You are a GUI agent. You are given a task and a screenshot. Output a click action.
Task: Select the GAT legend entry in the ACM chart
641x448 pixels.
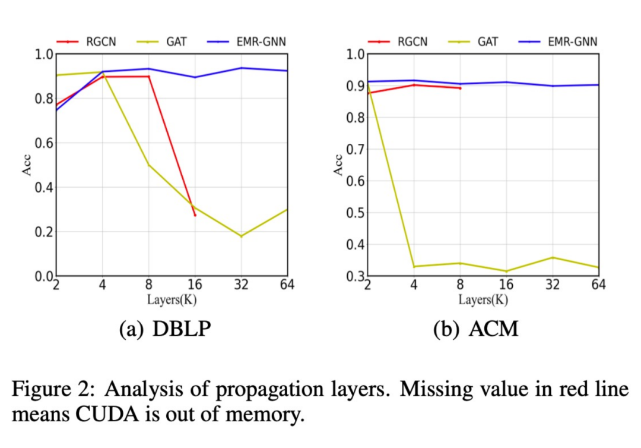(488, 42)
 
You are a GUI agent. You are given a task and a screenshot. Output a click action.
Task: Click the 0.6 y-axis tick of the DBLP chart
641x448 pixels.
(43, 143)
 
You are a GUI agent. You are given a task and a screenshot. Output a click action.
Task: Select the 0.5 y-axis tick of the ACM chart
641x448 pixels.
(354, 213)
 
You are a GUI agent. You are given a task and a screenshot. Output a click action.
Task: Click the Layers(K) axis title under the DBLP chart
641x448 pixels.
(172, 299)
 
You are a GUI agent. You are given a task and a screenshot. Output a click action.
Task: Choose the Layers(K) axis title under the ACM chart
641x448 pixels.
(483, 299)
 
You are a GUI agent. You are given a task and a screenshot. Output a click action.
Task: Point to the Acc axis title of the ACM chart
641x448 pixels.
(338, 165)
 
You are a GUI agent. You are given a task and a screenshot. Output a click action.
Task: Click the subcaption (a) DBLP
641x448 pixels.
(165, 328)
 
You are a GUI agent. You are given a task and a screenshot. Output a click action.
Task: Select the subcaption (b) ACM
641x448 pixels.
(476, 328)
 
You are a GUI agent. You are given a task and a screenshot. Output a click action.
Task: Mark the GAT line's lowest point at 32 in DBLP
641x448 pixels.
(241, 236)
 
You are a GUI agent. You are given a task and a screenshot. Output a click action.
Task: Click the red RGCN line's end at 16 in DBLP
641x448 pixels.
(195, 215)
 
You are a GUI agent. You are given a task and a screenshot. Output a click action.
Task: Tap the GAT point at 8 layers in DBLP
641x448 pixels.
(148, 165)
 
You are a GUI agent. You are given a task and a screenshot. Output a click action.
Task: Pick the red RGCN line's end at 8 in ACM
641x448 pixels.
(460, 88)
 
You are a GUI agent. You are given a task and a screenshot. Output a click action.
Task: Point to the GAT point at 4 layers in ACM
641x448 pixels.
(414, 266)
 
